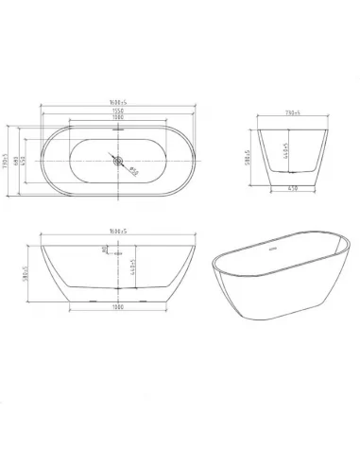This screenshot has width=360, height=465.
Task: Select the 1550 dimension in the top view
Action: click(x=116, y=112)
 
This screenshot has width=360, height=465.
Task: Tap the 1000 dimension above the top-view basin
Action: click(x=116, y=119)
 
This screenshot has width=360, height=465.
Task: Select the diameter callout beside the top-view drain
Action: click(x=133, y=171)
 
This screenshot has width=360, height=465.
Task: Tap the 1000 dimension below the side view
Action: click(x=116, y=308)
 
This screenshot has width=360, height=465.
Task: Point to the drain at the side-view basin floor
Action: click(x=117, y=286)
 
